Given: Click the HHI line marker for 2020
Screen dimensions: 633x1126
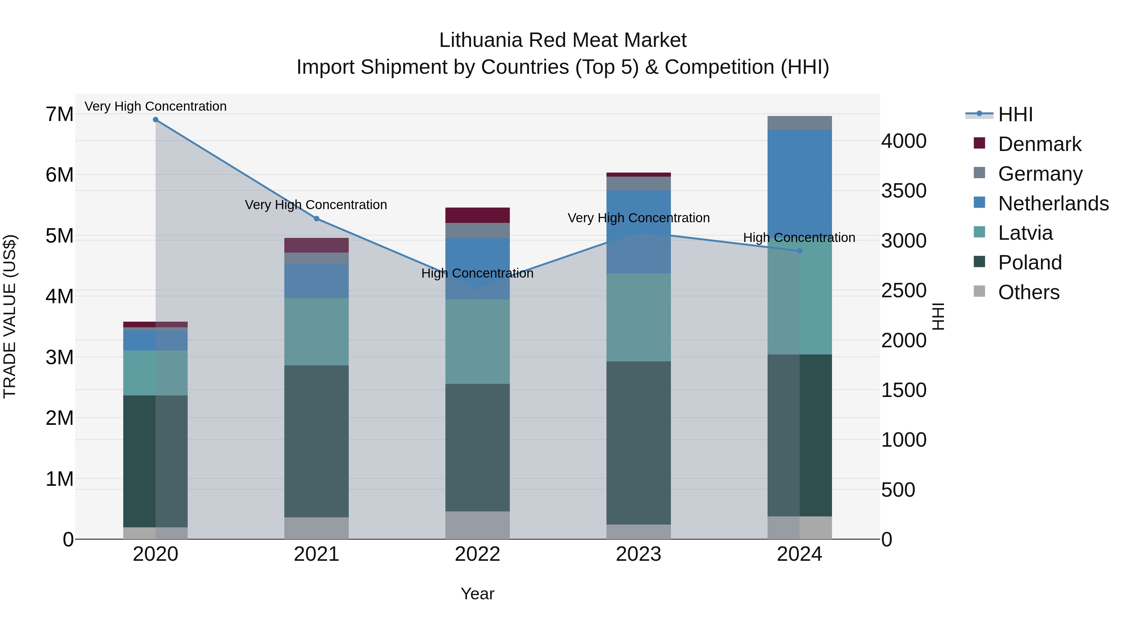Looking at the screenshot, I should point(156,120).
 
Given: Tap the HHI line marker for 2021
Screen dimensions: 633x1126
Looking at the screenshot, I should point(317,219).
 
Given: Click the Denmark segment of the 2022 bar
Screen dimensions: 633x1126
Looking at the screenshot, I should point(477,215).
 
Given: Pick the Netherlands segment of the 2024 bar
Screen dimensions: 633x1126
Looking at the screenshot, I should point(799,183).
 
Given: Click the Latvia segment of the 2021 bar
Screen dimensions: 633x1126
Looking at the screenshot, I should point(317,332).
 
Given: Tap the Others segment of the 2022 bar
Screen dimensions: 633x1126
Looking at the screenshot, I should point(477,525).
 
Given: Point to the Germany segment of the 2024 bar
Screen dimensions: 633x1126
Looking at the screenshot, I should point(799,123).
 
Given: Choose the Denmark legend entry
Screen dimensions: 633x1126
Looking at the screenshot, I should point(1039,144).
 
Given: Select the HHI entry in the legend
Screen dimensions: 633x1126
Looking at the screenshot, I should point(1015,114).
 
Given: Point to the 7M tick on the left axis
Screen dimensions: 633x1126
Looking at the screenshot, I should point(60,114).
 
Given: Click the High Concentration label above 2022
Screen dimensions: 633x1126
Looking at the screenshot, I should point(477,274).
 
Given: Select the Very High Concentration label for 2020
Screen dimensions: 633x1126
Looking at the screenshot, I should point(156,107).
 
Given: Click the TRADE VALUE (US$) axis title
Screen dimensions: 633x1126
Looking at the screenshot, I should point(10,316).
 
